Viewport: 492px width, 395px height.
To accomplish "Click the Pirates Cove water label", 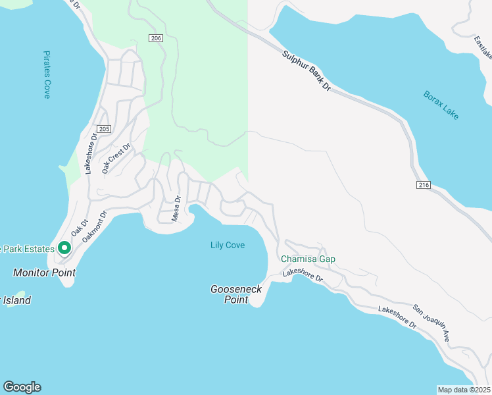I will coord(47,75).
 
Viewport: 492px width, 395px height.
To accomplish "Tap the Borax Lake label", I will coord(441,105).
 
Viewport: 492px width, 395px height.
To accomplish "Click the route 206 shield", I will coord(155,39).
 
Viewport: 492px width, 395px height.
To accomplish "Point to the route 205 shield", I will coord(103,129).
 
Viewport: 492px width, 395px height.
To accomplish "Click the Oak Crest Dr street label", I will coord(116,159).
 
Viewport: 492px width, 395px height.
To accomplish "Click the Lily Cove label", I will coord(228,246).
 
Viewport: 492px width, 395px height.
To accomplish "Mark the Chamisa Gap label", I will coord(308,259).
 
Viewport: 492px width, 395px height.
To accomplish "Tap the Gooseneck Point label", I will coord(236,294).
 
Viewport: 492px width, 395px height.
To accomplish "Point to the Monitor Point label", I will coord(44,273).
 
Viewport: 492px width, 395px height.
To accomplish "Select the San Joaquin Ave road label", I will coord(431,322).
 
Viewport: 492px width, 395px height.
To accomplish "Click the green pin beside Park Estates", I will coord(64,248).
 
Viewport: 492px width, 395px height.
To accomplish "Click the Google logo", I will coord(22,387).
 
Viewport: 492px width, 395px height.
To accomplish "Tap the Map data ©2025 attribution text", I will coord(464,390).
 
